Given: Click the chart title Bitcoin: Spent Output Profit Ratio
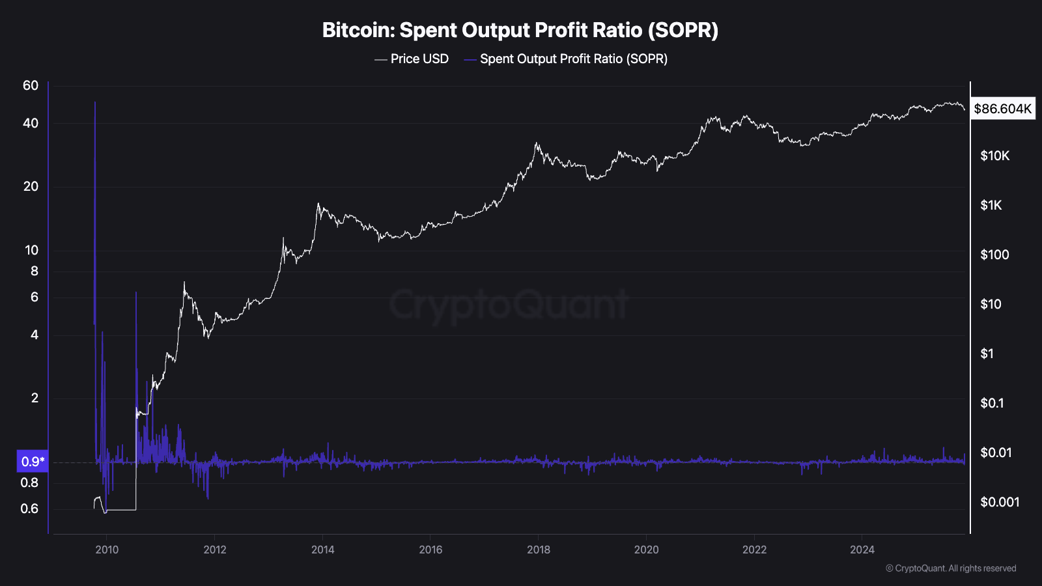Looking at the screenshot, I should (520, 31).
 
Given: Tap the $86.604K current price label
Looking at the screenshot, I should (1002, 109).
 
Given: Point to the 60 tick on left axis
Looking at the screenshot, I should (31, 86).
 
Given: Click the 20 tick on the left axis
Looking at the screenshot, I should (31, 187).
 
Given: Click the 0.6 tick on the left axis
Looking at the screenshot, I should (29, 509).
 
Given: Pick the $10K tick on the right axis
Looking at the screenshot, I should (994, 156).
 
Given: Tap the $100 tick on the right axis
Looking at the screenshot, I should (994, 255).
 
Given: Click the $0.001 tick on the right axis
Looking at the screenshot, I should (1000, 502).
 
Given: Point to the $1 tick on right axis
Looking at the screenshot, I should (987, 354).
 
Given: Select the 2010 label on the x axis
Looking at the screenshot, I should (107, 550).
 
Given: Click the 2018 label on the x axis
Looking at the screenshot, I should (539, 550).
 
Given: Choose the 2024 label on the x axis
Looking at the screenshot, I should (862, 550).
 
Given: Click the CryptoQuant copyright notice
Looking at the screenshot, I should (951, 568).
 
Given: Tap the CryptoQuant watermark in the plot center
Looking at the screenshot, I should (509, 305).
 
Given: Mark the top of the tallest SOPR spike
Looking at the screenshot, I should (95, 102).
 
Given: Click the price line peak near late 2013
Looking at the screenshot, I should (318, 204).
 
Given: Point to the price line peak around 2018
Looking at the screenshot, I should (537, 143).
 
